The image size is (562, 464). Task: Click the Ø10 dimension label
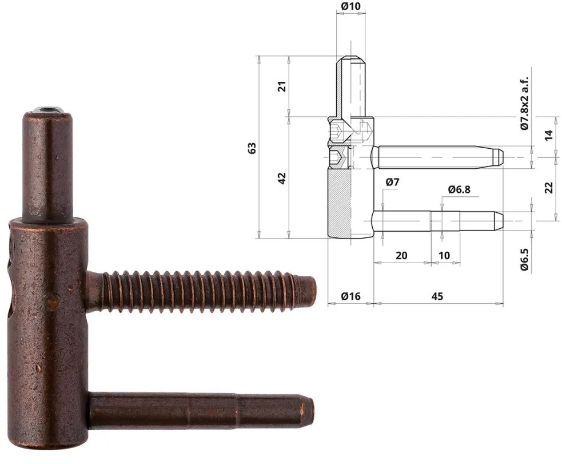click(x=350, y=6)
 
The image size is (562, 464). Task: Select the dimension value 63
click(x=252, y=147)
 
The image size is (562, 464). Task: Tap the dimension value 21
click(x=281, y=86)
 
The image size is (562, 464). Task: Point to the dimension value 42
click(x=281, y=178)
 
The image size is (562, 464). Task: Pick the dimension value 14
click(x=549, y=135)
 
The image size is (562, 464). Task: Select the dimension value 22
click(x=549, y=187)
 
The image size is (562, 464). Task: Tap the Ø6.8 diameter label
click(x=459, y=189)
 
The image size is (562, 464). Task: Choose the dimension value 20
click(x=401, y=255)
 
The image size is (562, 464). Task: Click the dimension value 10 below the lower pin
click(x=444, y=255)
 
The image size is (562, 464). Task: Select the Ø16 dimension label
click(x=350, y=296)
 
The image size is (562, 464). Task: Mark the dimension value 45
click(x=437, y=296)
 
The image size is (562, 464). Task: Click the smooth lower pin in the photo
click(x=200, y=410)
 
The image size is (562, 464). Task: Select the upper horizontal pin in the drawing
click(x=435, y=157)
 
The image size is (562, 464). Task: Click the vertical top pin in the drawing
click(x=350, y=86)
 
